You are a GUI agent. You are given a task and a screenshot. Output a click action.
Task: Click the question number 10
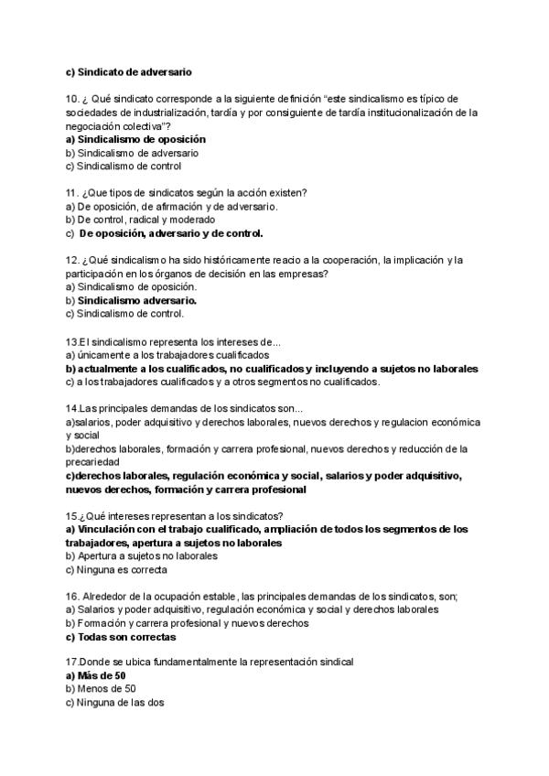tap(72, 99)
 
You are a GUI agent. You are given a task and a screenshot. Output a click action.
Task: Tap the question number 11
tap(72, 192)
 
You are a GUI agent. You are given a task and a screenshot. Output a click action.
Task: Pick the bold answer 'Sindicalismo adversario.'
tap(137, 300)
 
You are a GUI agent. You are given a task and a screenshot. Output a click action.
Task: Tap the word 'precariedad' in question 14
tap(96, 462)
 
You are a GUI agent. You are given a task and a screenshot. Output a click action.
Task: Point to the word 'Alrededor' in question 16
tap(109, 596)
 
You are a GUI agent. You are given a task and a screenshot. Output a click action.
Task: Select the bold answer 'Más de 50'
tap(102, 675)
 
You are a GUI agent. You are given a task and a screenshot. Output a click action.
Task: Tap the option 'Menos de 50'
tap(106, 689)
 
